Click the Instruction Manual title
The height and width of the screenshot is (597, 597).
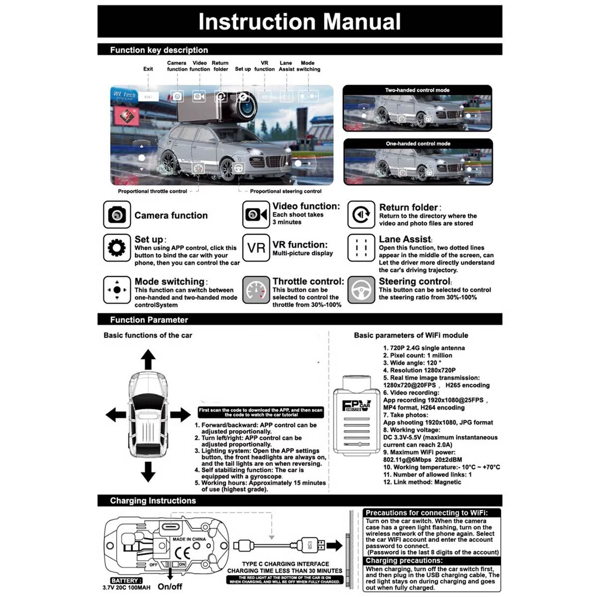coord(299,22)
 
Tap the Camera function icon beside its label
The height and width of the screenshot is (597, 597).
coord(117,215)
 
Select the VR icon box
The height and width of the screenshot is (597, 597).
coord(256,248)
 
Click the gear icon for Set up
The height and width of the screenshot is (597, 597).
coord(117,248)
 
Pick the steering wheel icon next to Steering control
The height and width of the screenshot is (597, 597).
coord(361,290)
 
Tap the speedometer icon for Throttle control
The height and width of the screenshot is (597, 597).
coord(256,290)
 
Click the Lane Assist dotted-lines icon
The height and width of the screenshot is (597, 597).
coord(361,248)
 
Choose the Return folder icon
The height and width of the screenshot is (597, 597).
coord(361,215)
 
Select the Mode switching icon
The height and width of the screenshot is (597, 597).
coord(117,290)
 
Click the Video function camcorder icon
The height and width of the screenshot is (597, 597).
coord(256,215)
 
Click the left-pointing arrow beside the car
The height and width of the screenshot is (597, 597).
coord(115,414)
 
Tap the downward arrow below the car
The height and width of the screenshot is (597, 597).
coord(148,471)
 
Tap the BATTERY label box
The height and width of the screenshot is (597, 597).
coord(126,581)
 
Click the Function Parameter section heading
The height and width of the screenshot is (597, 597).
coord(149,320)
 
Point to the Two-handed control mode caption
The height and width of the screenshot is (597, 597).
coord(417,90)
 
